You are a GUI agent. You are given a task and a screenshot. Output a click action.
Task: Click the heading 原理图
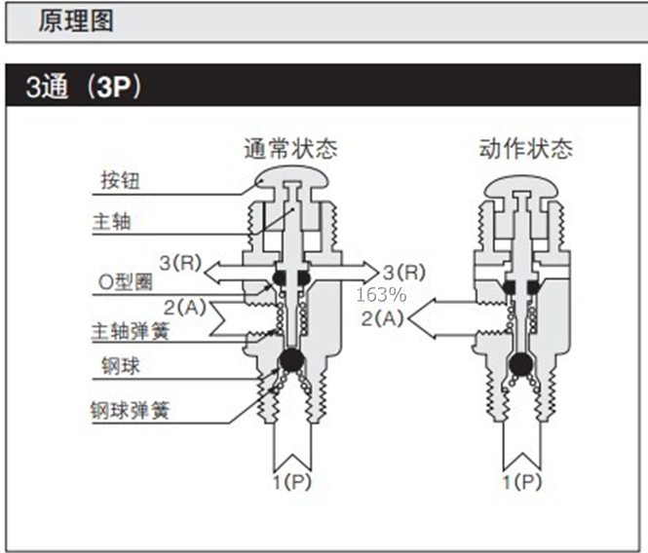76,20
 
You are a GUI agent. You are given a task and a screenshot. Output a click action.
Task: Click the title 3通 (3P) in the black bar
84,87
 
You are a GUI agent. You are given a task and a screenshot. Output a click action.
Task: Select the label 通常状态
291,149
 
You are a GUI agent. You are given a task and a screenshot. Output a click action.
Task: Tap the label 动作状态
526,149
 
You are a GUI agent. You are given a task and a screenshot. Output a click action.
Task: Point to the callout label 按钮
121,180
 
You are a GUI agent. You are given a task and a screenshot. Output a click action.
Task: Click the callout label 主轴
112,221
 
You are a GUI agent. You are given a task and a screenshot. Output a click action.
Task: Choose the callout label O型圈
126,282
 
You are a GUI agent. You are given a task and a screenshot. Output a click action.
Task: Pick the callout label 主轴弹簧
131,331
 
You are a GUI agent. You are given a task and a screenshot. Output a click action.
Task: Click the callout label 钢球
121,366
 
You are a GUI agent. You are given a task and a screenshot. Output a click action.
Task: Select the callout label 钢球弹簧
131,411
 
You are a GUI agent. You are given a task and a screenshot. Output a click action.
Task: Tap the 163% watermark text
381,294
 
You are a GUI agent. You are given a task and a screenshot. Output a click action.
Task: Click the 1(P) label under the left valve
291,482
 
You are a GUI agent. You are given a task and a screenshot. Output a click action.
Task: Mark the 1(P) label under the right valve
522,482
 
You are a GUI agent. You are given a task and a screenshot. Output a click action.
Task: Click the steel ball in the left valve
292,359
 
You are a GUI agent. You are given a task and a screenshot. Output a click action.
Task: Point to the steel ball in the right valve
521,364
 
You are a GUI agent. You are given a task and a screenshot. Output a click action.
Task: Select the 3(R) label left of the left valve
180,263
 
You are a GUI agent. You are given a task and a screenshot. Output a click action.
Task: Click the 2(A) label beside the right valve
382,318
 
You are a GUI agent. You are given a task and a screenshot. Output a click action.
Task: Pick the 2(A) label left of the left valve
185,308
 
